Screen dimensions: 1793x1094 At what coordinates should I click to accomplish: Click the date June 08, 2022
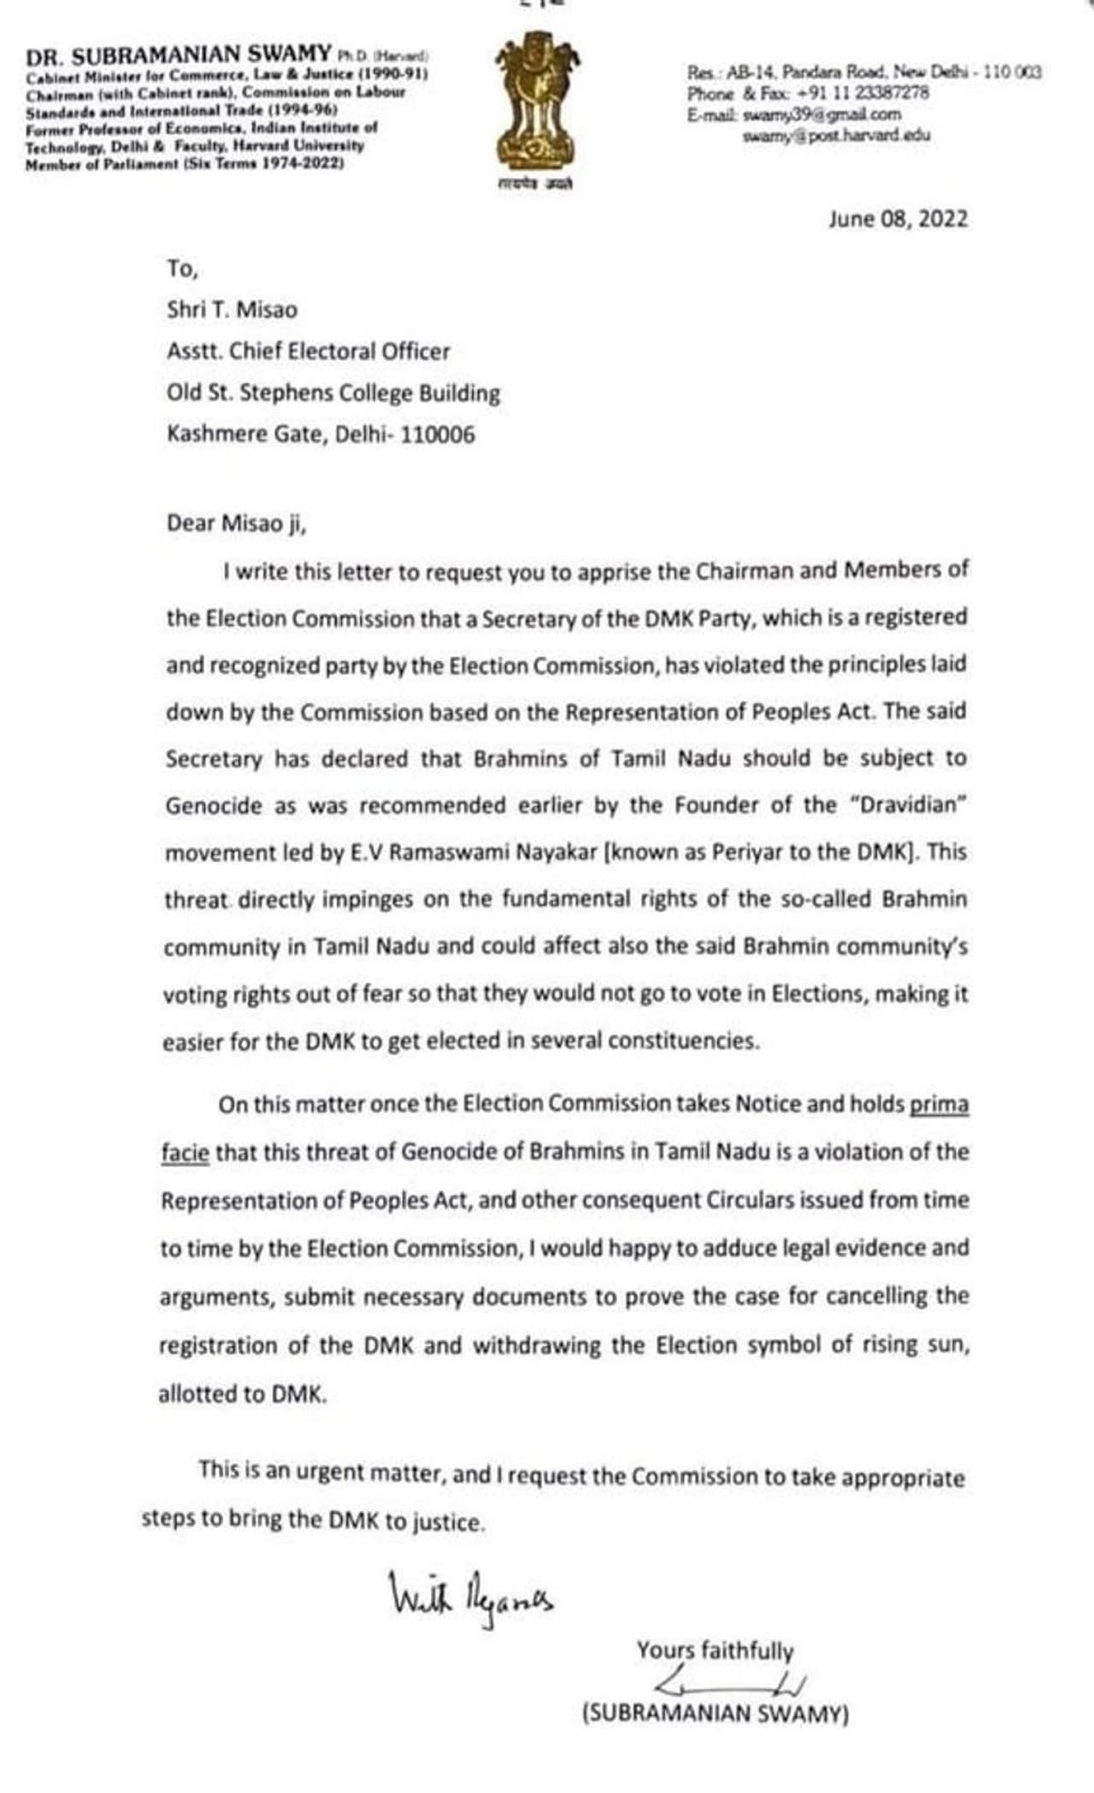point(897,220)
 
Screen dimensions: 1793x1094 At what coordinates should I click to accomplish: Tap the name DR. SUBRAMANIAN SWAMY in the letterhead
point(179,56)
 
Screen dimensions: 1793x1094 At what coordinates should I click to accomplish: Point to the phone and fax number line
point(808,93)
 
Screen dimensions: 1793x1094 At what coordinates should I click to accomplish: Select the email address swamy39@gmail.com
point(821,115)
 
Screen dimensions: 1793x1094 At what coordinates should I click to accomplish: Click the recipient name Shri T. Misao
point(232,309)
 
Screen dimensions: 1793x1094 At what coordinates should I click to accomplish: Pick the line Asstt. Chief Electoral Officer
point(308,351)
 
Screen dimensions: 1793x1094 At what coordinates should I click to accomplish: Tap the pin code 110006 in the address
point(438,435)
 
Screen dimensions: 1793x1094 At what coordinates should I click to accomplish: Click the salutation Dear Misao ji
point(236,524)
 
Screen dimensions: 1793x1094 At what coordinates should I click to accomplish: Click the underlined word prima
point(938,1104)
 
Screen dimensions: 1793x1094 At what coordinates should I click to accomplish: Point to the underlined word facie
point(184,1153)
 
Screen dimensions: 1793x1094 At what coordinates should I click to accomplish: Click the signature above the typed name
point(731,1684)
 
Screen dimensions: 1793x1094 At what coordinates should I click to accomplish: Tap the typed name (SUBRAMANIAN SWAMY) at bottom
point(715,1714)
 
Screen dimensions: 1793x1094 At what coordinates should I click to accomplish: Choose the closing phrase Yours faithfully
point(715,1650)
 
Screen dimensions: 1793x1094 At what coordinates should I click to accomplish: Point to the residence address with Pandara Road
point(864,73)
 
